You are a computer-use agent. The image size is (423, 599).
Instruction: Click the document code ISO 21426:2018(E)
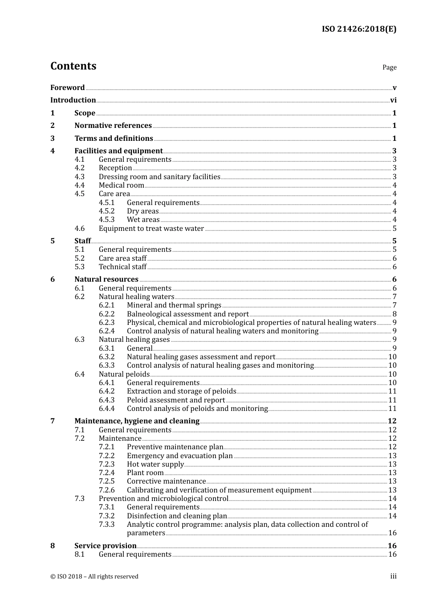[x=359, y=29]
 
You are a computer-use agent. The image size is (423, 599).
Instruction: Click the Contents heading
[x=73, y=66]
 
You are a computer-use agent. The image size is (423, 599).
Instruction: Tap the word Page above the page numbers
[x=389, y=67]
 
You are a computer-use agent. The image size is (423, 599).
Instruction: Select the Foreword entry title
[x=67, y=88]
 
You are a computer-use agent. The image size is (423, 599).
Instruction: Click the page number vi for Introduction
[x=393, y=100]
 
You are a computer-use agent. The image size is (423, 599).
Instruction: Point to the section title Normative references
[x=113, y=126]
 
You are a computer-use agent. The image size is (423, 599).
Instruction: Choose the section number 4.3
[x=80, y=177]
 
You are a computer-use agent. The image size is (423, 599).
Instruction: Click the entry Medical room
[x=122, y=185]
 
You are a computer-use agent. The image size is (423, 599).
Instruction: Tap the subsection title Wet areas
[x=143, y=220]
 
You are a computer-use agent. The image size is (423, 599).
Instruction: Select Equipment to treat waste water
[x=151, y=229]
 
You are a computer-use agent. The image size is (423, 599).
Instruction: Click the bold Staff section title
[x=82, y=241]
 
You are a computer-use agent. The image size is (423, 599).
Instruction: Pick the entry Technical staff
[x=122, y=267]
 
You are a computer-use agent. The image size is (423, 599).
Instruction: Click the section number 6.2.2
[x=106, y=314]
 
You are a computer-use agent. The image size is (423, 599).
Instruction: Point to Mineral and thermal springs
[x=174, y=305]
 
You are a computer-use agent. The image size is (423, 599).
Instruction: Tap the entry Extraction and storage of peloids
[x=182, y=391]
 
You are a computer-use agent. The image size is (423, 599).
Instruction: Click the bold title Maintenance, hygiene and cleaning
[x=137, y=421]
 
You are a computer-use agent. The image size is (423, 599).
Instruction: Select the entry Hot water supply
[x=155, y=464]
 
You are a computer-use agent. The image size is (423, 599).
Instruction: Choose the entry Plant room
[x=145, y=473]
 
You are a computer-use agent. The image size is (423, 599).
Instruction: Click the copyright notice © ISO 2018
[x=94, y=577]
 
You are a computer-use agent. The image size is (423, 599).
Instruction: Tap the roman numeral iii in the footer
[x=393, y=577]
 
